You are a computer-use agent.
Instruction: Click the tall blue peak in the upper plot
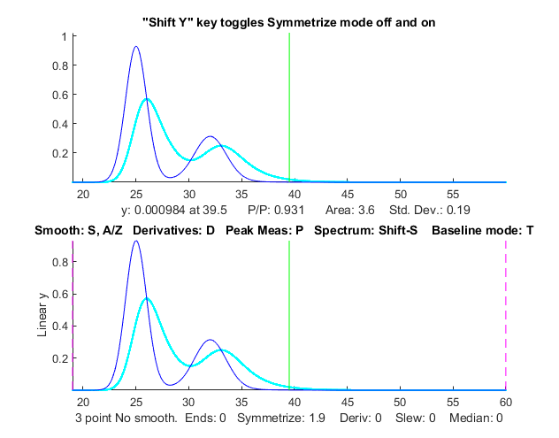click(x=136, y=48)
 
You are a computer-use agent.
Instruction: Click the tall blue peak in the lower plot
click(x=136, y=242)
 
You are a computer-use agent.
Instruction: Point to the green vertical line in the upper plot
click(x=289, y=106)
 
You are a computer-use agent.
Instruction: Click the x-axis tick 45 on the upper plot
click(x=348, y=193)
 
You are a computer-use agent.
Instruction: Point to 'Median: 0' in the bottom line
click(x=476, y=417)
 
